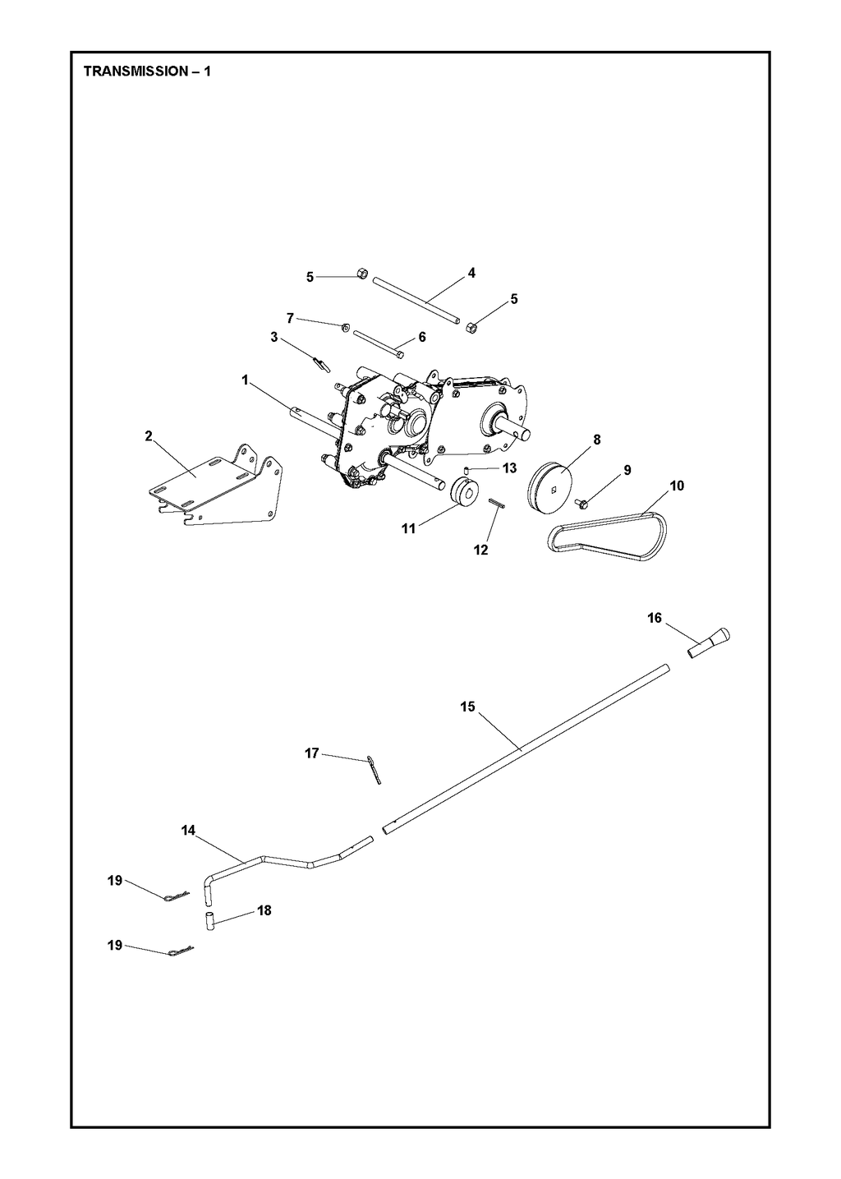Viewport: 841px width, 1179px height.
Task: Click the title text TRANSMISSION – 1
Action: click(x=147, y=71)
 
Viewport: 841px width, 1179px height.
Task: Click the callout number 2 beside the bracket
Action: click(x=149, y=435)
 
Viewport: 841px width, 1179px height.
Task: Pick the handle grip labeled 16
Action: click(x=709, y=642)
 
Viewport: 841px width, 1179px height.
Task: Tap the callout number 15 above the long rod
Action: click(x=467, y=707)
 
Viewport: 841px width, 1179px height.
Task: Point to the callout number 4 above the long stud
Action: click(x=471, y=273)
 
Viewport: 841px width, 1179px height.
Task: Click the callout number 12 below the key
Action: click(x=481, y=550)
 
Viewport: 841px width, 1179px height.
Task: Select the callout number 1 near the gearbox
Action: click(x=245, y=380)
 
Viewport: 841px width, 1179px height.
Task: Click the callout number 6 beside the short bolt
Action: click(x=422, y=338)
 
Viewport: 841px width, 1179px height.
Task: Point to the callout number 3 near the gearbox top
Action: click(x=274, y=338)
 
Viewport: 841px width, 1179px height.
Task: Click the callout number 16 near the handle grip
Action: click(x=655, y=617)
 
